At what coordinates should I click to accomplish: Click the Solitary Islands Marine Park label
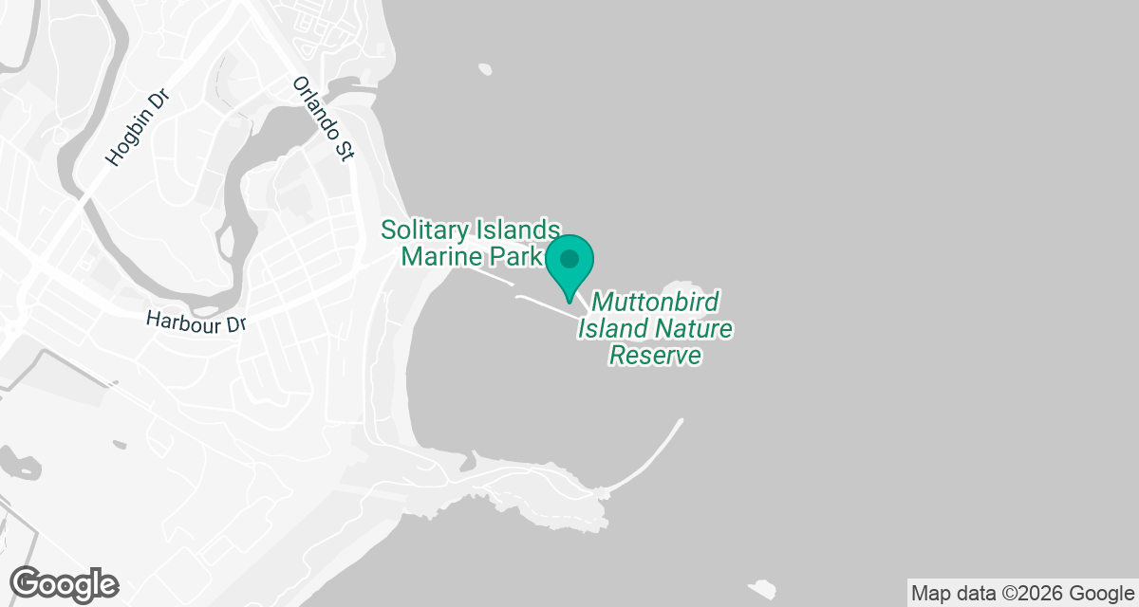click(471, 243)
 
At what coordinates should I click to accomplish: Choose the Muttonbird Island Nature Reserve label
click(655, 329)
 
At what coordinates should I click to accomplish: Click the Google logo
click(65, 584)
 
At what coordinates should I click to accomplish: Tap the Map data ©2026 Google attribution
click(1021, 594)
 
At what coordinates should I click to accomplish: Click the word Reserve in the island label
click(655, 356)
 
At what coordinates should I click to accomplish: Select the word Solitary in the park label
click(424, 230)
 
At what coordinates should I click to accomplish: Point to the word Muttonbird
click(656, 303)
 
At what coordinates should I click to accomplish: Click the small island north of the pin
click(486, 69)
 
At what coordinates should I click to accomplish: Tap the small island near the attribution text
click(763, 587)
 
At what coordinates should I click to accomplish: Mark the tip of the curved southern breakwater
click(680, 420)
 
